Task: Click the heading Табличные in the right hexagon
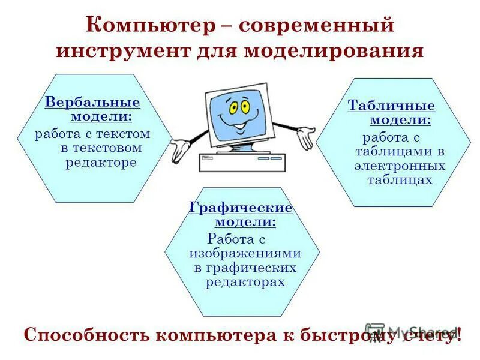[391, 106]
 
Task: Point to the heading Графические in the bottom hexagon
[241, 208]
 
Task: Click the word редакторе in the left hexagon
[101, 163]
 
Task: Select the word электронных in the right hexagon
[400, 166]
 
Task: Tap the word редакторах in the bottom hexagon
[245, 281]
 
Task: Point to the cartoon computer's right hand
[305, 137]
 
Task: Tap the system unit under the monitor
[242, 161]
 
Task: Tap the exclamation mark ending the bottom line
[459, 334]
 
